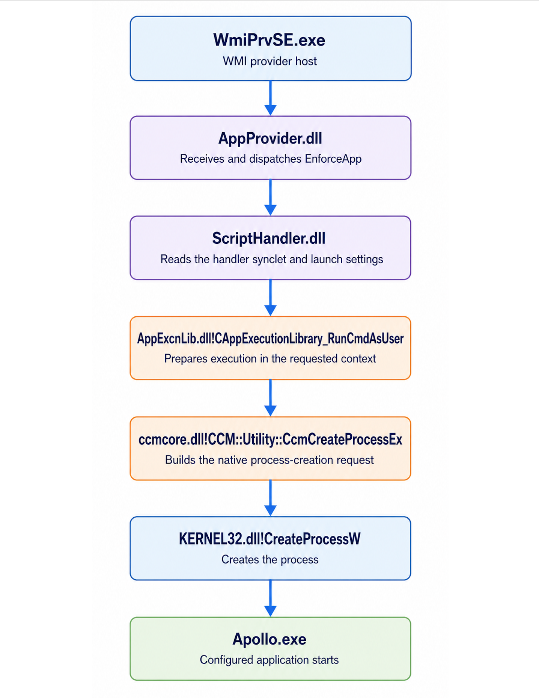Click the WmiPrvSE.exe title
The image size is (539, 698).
269,40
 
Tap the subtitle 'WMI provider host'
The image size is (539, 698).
270,61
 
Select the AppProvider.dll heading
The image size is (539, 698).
270,139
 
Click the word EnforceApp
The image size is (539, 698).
333,159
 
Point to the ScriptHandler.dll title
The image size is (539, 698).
269,239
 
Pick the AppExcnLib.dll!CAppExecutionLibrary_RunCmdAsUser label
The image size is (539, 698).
270,338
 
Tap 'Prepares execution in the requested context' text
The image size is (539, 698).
270,359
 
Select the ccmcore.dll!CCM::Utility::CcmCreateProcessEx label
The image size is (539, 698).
270,439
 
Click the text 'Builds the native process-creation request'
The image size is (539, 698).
269,460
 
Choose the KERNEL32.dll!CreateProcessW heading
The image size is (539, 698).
269,539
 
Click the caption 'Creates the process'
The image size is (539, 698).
270,560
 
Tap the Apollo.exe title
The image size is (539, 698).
269,639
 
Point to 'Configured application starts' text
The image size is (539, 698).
269,660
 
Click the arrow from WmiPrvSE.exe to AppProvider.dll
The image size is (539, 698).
270,98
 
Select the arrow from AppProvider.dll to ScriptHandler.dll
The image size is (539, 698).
270,198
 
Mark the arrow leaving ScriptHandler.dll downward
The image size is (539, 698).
270,298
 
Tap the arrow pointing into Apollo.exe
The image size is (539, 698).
270,598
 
